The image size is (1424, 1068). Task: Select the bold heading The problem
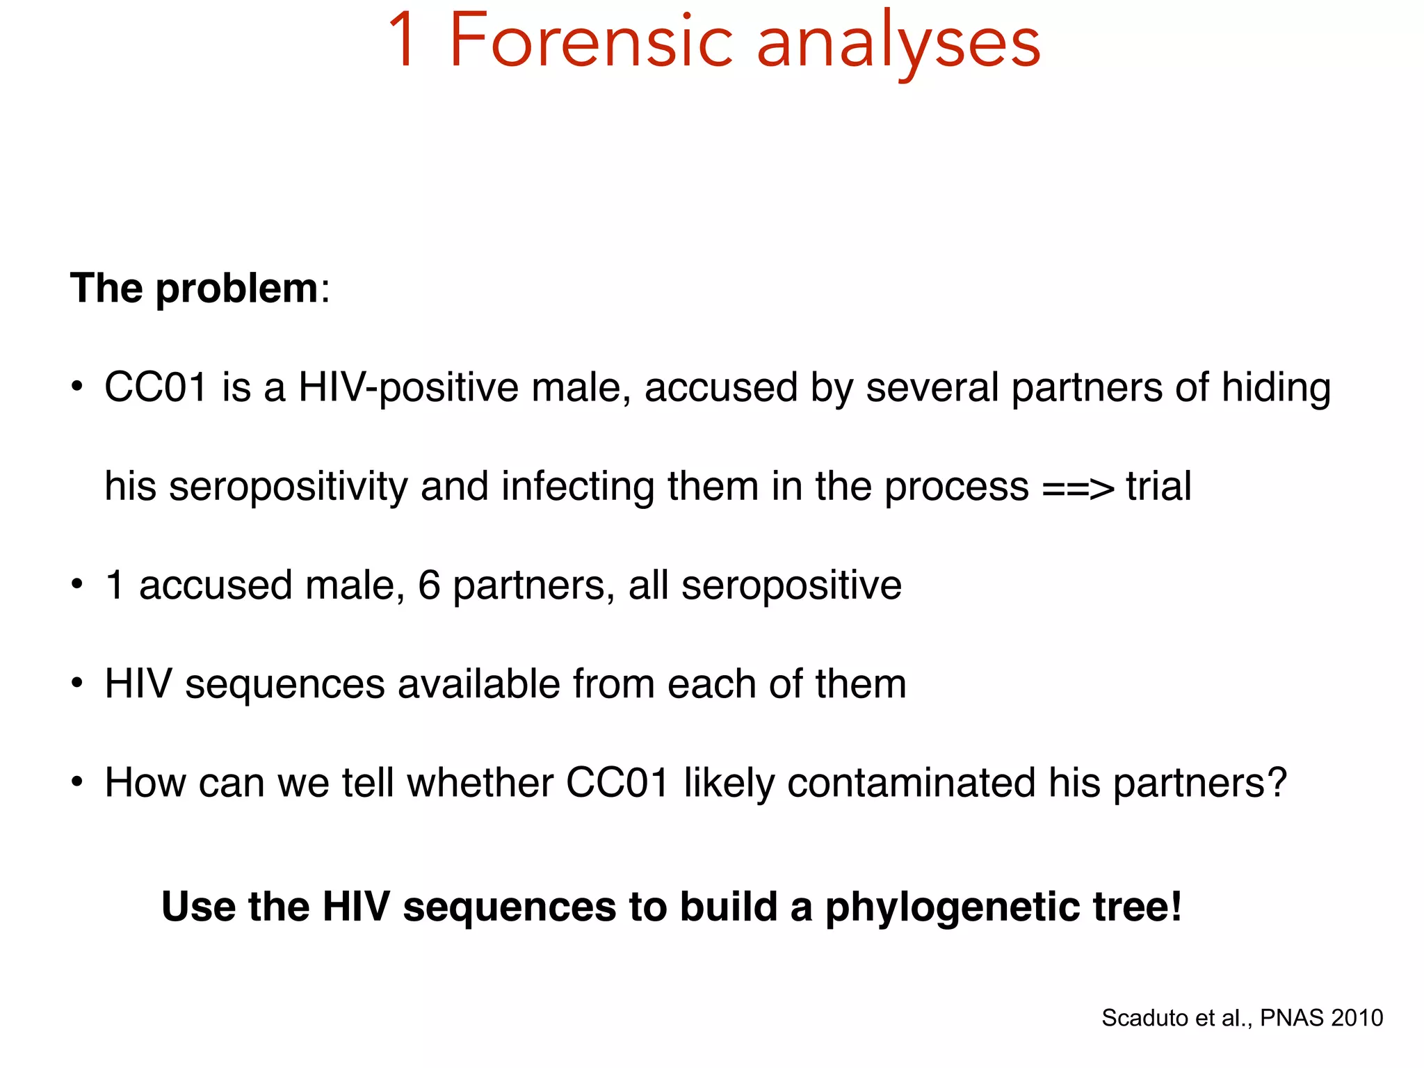194,288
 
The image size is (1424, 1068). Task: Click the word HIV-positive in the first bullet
408,387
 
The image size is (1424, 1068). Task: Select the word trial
1158,486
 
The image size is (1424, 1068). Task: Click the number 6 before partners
429,585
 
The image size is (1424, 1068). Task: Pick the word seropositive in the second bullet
791,586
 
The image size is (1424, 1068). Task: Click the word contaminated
911,783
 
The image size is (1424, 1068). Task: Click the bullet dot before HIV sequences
77,683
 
